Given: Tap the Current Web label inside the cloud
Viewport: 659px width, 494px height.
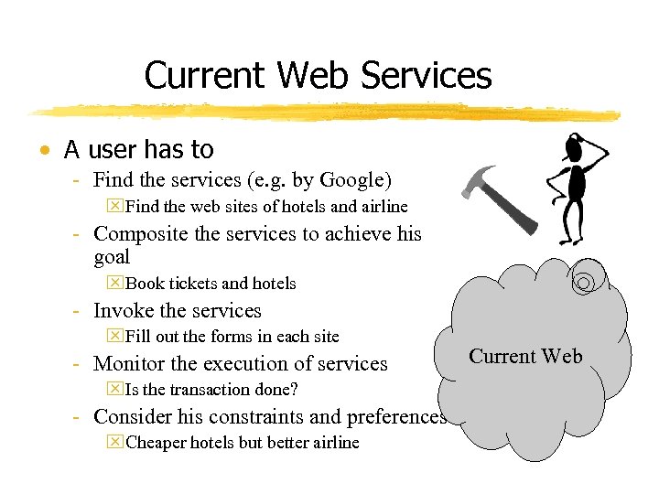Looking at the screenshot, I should [525, 357].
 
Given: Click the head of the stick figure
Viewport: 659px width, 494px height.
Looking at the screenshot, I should [576, 145].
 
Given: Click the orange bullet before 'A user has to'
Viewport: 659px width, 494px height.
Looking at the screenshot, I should [44, 150].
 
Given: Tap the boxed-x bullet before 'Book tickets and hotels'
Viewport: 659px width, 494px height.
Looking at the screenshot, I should [114, 284].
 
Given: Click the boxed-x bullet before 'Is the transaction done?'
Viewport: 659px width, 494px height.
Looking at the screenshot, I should [114, 390].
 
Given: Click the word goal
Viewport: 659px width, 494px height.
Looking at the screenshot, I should [112, 257].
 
